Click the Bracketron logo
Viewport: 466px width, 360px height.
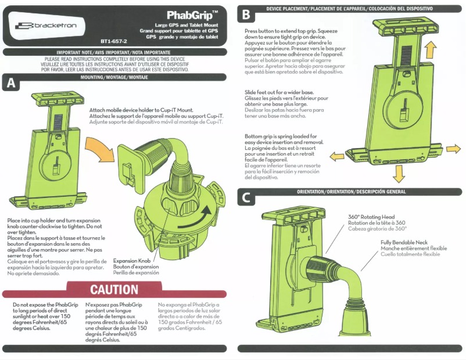click(49, 26)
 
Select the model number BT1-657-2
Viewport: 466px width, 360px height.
click(113, 42)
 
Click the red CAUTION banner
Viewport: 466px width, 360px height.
click(114, 290)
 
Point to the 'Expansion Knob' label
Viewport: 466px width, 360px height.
click(131, 261)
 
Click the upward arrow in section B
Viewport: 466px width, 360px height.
click(431, 47)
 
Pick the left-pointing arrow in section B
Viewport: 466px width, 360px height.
click(336, 156)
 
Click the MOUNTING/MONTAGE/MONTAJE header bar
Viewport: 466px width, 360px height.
click(114, 77)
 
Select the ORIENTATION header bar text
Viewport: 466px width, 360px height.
click(351, 192)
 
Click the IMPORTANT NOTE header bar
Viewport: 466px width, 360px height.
click(114, 52)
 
